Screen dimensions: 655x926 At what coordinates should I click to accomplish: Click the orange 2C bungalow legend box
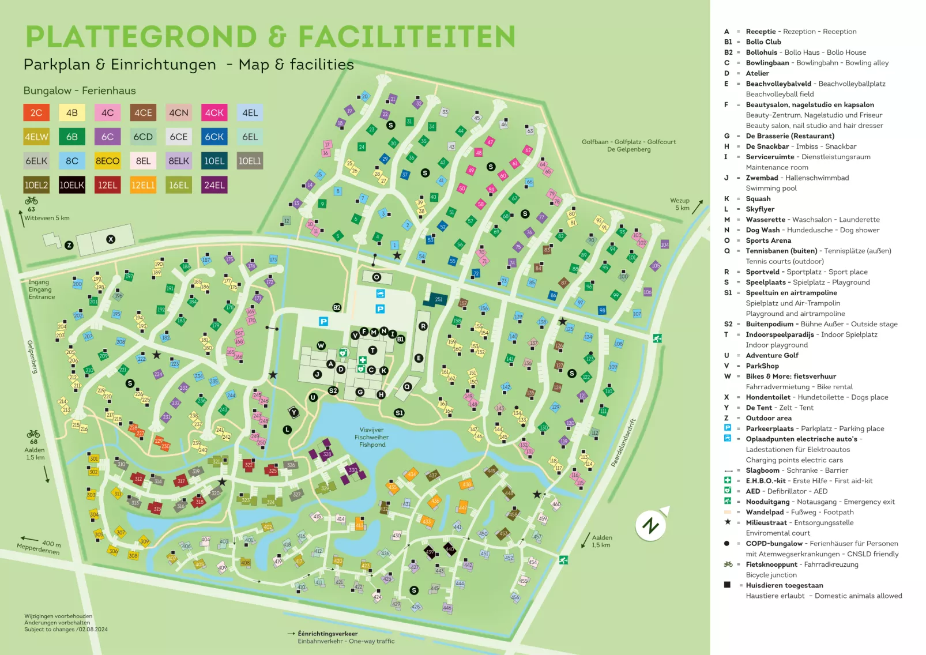36,112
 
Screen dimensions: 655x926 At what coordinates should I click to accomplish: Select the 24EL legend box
214,185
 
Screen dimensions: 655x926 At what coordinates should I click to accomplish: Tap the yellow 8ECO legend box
107,161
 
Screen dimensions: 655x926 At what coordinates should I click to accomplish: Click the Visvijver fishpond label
372,437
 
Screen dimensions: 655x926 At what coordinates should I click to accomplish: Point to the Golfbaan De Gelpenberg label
628,145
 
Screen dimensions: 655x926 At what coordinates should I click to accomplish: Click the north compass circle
651,525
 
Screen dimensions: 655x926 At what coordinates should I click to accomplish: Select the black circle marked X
111,239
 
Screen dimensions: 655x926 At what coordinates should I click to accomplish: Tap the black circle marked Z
69,245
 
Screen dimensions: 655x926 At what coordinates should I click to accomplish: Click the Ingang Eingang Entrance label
42,289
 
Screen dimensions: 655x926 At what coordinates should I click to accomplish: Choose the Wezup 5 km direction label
680,204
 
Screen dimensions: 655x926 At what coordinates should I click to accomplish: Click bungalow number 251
438,299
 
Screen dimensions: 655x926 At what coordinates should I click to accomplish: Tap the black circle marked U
313,397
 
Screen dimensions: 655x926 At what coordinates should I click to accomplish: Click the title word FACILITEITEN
406,37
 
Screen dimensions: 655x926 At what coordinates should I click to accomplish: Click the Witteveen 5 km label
47,218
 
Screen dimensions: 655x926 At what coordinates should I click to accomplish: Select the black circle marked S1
399,413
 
